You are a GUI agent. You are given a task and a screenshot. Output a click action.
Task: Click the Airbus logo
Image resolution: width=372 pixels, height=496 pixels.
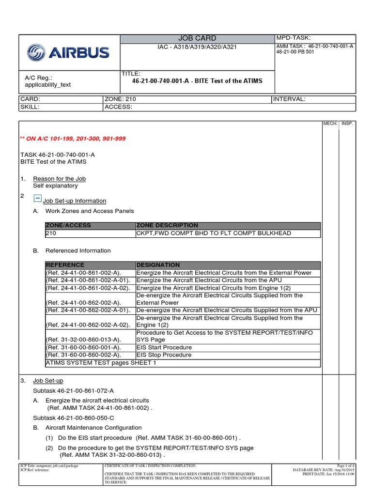pyautogui.click(x=68, y=52)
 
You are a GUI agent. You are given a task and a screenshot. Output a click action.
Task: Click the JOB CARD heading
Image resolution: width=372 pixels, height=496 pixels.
pyautogui.click(x=198, y=38)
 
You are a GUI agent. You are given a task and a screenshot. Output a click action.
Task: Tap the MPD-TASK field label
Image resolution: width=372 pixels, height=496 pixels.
pyautogui.click(x=293, y=38)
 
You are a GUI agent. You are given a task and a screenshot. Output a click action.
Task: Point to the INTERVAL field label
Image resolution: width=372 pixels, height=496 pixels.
pyautogui.click(x=289, y=99)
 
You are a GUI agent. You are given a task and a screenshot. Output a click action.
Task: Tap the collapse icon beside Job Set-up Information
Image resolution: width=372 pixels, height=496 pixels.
pyautogui.click(x=38, y=198)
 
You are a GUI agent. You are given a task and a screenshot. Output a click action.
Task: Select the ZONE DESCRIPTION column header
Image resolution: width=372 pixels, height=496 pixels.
pyautogui.click(x=167, y=225)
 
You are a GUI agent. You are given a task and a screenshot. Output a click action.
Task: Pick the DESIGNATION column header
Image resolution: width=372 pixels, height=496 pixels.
pyautogui.click(x=158, y=265)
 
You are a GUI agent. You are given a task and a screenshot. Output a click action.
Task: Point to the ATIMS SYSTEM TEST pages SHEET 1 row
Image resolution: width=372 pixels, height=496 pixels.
pyautogui.click(x=101, y=363)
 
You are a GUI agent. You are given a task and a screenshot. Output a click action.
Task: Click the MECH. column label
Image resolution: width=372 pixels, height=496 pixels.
pyautogui.click(x=330, y=124)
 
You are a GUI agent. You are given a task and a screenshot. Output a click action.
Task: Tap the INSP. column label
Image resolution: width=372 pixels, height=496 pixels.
pyautogui.click(x=347, y=124)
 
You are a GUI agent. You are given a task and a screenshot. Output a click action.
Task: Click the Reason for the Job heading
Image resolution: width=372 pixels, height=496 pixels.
pyautogui.click(x=59, y=179)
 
